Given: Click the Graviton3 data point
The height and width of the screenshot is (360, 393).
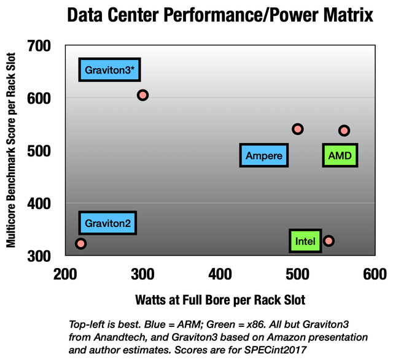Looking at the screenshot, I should (x=143, y=95).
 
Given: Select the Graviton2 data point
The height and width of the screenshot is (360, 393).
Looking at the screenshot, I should (x=80, y=243).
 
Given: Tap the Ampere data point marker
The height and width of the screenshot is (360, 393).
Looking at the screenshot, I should (x=298, y=129).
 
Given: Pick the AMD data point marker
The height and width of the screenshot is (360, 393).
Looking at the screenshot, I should (x=344, y=130).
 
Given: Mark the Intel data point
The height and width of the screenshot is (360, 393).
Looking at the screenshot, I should (x=329, y=240).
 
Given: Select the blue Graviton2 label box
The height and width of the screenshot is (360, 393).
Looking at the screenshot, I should (x=108, y=223).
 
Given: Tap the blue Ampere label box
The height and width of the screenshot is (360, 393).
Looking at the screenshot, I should (x=264, y=156).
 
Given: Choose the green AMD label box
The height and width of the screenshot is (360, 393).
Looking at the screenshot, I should (x=340, y=156).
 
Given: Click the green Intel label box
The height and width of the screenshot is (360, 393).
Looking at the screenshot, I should (x=305, y=241).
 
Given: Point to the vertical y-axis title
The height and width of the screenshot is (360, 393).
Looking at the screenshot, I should (x=12, y=150).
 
